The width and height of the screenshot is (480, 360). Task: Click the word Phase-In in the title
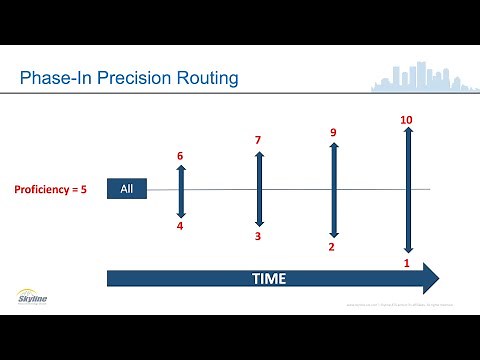point(57,77)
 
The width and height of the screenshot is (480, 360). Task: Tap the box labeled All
point(126,189)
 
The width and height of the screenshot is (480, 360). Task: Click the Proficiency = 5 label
point(51,189)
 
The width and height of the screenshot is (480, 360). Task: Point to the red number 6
point(180,156)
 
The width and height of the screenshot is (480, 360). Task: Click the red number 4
point(180,226)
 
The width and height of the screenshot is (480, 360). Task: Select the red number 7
point(258,140)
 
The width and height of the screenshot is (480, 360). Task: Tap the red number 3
point(258,236)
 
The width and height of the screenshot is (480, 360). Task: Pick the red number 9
point(332,131)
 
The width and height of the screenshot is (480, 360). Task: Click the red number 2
point(332,247)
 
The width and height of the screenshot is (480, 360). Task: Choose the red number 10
point(406,120)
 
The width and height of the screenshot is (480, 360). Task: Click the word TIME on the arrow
point(268,277)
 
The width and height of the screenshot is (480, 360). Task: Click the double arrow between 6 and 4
point(181,191)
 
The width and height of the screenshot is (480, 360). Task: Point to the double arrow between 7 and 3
point(258,188)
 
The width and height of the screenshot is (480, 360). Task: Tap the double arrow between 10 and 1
point(407,190)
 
